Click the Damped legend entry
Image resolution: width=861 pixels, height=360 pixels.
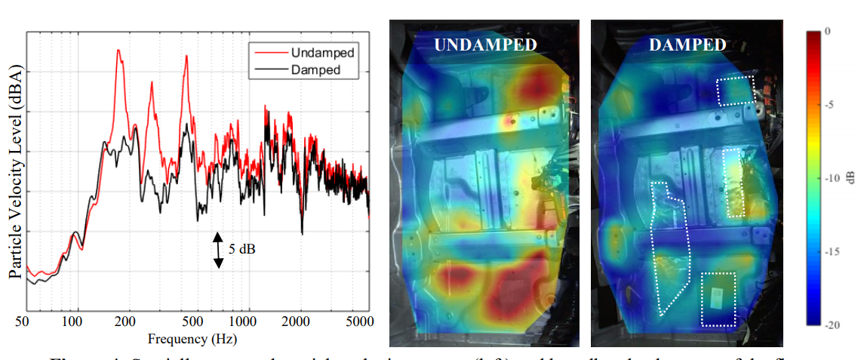tap(315, 70)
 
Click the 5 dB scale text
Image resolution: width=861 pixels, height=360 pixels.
tap(241, 248)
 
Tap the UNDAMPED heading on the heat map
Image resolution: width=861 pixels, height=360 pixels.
tap(485, 45)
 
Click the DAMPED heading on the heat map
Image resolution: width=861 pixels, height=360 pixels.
tap(686, 45)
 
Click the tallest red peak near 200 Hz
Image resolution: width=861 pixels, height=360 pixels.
tap(118, 51)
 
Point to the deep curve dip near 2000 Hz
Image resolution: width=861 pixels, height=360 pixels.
tap(302, 233)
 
